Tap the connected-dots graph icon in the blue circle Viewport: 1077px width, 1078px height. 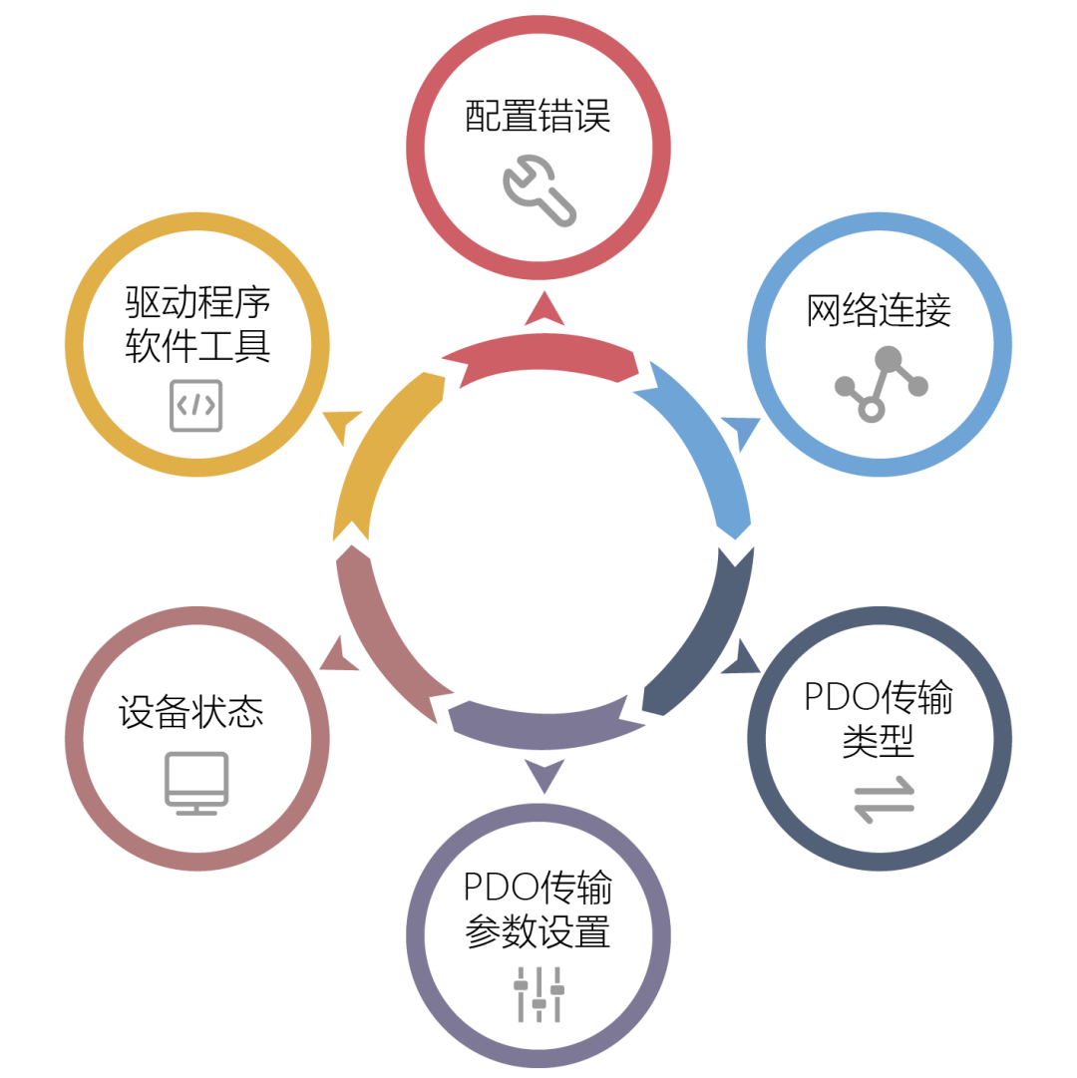click(881, 384)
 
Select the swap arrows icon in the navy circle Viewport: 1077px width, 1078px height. click(884, 799)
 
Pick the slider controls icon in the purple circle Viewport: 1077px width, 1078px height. click(538, 993)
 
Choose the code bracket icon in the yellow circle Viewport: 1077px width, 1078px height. click(196, 405)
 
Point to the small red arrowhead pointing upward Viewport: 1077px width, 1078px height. click(544, 311)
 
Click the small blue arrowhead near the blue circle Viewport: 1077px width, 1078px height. click(742, 432)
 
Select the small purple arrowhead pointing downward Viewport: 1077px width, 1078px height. click(543, 774)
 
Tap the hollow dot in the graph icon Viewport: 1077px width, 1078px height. click(872, 409)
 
